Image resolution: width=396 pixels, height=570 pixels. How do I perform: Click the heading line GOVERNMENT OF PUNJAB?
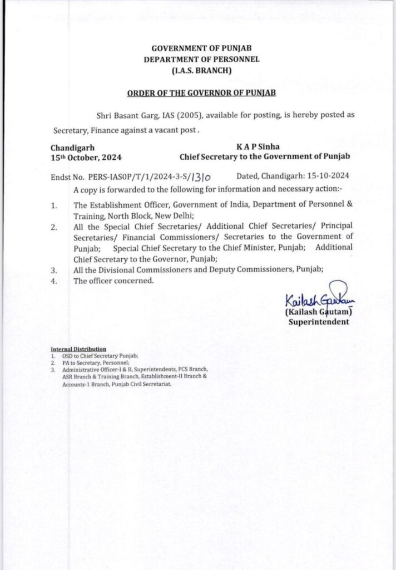[x=201, y=49]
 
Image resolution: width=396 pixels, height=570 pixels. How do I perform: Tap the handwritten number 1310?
[x=200, y=178]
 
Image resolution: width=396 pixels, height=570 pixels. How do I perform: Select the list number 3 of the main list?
[x=54, y=270]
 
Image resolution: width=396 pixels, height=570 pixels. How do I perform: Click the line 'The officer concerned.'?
[x=113, y=281]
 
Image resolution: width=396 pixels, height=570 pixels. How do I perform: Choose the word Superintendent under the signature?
[x=319, y=322]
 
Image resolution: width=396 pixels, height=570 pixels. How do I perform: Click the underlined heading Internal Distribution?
[x=78, y=349]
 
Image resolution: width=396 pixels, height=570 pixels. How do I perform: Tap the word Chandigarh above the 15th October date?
[x=72, y=148]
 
